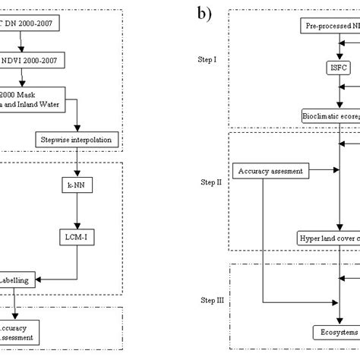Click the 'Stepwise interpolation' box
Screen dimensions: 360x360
coord(75,140)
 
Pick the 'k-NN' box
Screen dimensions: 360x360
coord(77,184)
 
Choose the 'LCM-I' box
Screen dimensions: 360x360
coord(77,237)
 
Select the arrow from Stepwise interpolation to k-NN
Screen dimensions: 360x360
coord(77,162)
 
